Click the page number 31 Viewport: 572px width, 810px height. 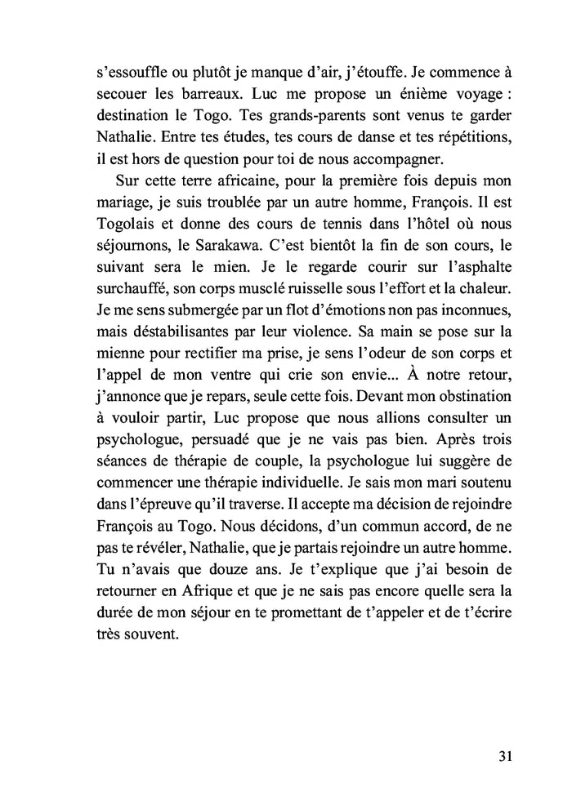click(x=505, y=755)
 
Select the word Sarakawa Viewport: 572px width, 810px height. click(x=228, y=266)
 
